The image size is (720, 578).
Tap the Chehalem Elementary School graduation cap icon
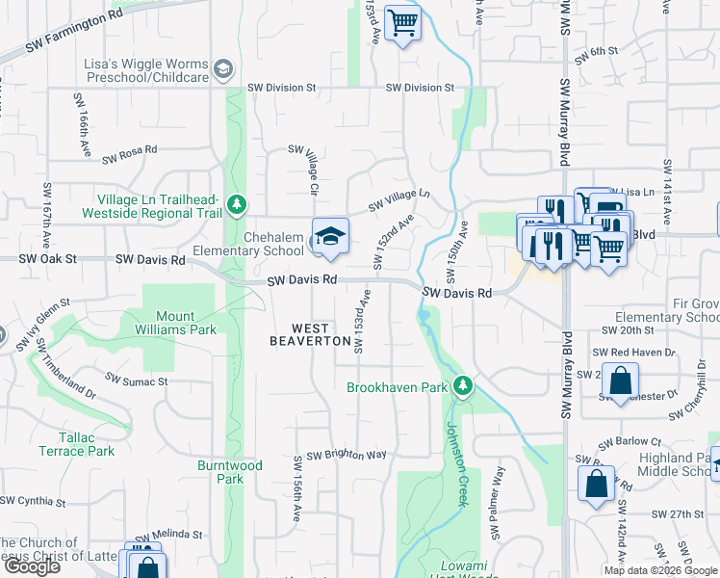point(329,236)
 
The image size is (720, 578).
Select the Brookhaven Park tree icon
point(464,386)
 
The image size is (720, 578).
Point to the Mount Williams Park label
point(175,322)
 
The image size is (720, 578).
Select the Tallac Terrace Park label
point(77,444)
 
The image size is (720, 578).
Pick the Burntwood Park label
point(229,472)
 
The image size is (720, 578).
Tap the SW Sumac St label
point(136,381)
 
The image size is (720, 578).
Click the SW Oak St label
point(46,260)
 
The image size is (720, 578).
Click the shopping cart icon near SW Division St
point(402,22)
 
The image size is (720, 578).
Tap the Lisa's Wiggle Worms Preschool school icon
point(223,68)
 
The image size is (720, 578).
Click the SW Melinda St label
point(169,534)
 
